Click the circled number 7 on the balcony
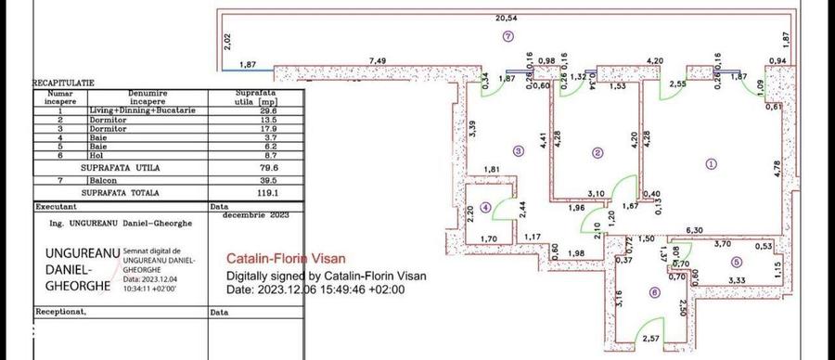pos(507,36)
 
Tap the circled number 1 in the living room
pos(712,163)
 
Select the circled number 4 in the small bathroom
pos(486,206)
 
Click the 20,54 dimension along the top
pos(506,18)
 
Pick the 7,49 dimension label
pos(378,61)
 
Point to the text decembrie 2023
pos(256,214)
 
